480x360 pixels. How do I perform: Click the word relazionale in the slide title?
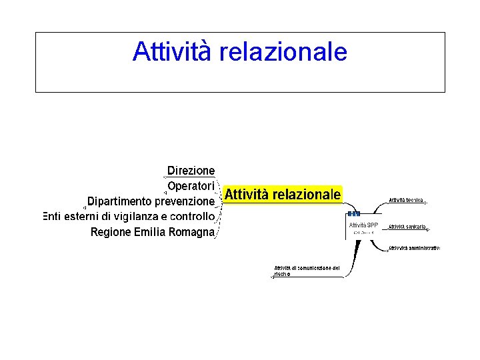(281, 51)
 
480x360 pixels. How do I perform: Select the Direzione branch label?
(191, 171)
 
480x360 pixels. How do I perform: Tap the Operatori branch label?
(191, 185)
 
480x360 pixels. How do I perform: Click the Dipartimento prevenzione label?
(151, 201)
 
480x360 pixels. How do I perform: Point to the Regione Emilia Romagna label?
(153, 232)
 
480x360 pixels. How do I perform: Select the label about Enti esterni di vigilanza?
(129, 216)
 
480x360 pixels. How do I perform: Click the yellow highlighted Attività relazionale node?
(283, 195)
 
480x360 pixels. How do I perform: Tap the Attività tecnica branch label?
(406, 200)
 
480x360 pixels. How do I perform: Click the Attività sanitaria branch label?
(407, 227)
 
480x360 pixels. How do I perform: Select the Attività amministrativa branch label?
(414, 248)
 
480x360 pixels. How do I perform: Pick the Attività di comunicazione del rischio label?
(307, 271)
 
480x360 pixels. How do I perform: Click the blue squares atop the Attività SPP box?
(354, 214)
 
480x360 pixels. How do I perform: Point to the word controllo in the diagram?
(192, 216)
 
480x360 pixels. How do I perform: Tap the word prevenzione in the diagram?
(185, 201)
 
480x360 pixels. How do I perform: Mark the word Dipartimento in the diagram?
(119, 201)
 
